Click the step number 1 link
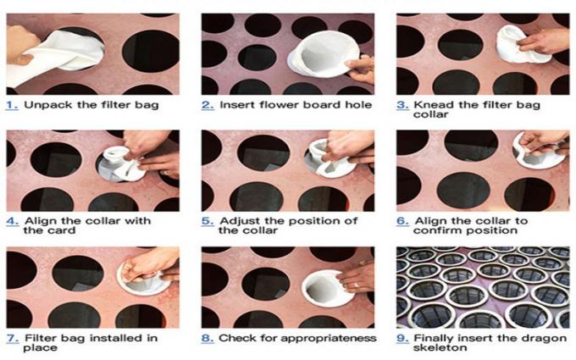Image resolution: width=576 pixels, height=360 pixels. coord(12,105)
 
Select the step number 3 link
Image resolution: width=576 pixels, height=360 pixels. coord(402,105)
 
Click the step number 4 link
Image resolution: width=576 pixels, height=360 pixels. coord(12,221)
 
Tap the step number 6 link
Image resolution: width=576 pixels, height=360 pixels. coord(402,221)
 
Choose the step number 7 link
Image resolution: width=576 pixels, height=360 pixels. coord(12,338)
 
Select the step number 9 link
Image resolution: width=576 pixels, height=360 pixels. coord(402,338)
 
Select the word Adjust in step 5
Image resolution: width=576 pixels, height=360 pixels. coord(239,221)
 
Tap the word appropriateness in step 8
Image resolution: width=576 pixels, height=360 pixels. coord(326,338)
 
